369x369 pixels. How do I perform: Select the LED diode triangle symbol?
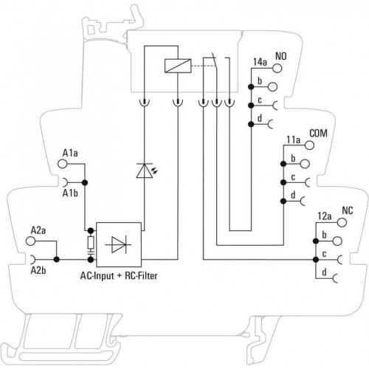145,170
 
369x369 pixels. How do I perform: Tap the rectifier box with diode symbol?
119,244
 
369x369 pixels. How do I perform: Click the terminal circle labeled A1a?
62,164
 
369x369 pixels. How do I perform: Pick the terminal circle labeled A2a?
30,241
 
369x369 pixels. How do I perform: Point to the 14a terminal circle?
277,68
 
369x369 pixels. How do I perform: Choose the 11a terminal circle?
309,145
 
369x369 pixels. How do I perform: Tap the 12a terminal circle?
342,222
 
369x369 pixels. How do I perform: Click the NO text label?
281,56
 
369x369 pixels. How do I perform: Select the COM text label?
318,134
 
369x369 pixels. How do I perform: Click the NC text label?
348,210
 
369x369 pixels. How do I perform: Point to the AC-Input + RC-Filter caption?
119,276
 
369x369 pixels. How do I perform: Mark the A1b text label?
70,193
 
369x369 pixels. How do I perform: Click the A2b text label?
38,271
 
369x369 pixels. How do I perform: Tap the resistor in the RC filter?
91,242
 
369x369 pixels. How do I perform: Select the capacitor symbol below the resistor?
91,252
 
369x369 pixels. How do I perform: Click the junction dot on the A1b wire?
85,182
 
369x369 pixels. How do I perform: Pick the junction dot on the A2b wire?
57,260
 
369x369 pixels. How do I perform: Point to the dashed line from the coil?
204,66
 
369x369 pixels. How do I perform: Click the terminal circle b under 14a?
272,86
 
